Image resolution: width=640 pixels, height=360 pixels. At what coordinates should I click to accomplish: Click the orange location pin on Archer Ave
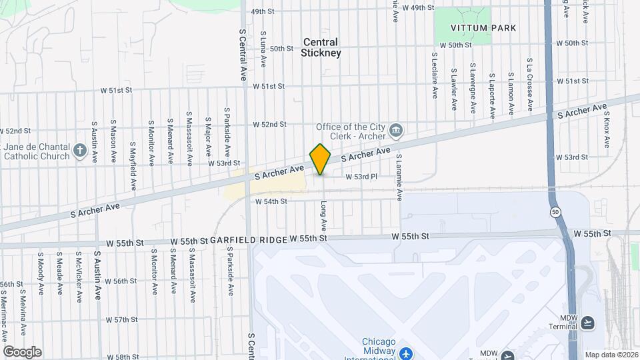tap(321, 159)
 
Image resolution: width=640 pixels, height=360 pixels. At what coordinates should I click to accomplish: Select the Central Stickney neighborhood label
tap(321, 47)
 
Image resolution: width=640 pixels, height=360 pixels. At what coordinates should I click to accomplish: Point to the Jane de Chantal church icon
tap(80, 150)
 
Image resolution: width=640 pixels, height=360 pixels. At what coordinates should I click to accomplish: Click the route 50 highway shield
tap(555, 211)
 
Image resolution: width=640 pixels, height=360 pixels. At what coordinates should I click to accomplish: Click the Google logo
tap(22, 351)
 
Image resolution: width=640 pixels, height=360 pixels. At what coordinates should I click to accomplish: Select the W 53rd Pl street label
tap(361, 177)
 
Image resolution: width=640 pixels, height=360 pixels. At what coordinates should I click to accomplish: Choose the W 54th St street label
tap(271, 201)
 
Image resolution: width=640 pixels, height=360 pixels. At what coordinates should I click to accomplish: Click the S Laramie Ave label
tap(399, 177)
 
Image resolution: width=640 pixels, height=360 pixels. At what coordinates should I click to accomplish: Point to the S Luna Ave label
tap(263, 49)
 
